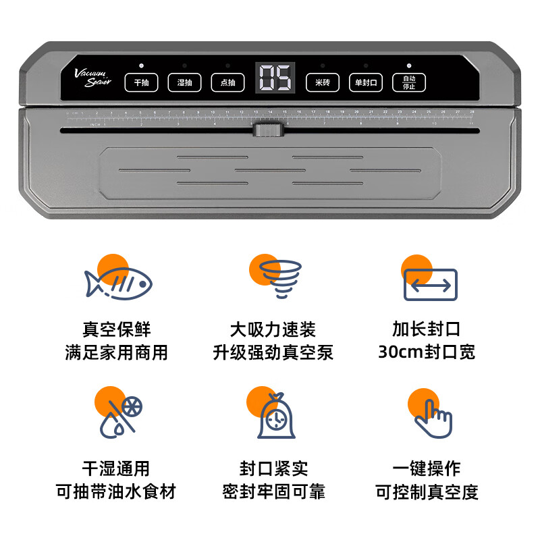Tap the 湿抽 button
(x=184, y=82)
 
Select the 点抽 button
(x=227, y=82)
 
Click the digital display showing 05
(x=275, y=79)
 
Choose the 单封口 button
(x=365, y=82)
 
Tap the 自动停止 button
(x=409, y=82)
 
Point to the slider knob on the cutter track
(x=267, y=130)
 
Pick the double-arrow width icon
(x=430, y=284)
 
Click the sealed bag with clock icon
(x=276, y=416)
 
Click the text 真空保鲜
(x=117, y=329)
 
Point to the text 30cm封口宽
(x=427, y=352)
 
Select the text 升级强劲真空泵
(x=273, y=352)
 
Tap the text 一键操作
(x=427, y=468)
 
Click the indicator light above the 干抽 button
(x=141, y=66)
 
